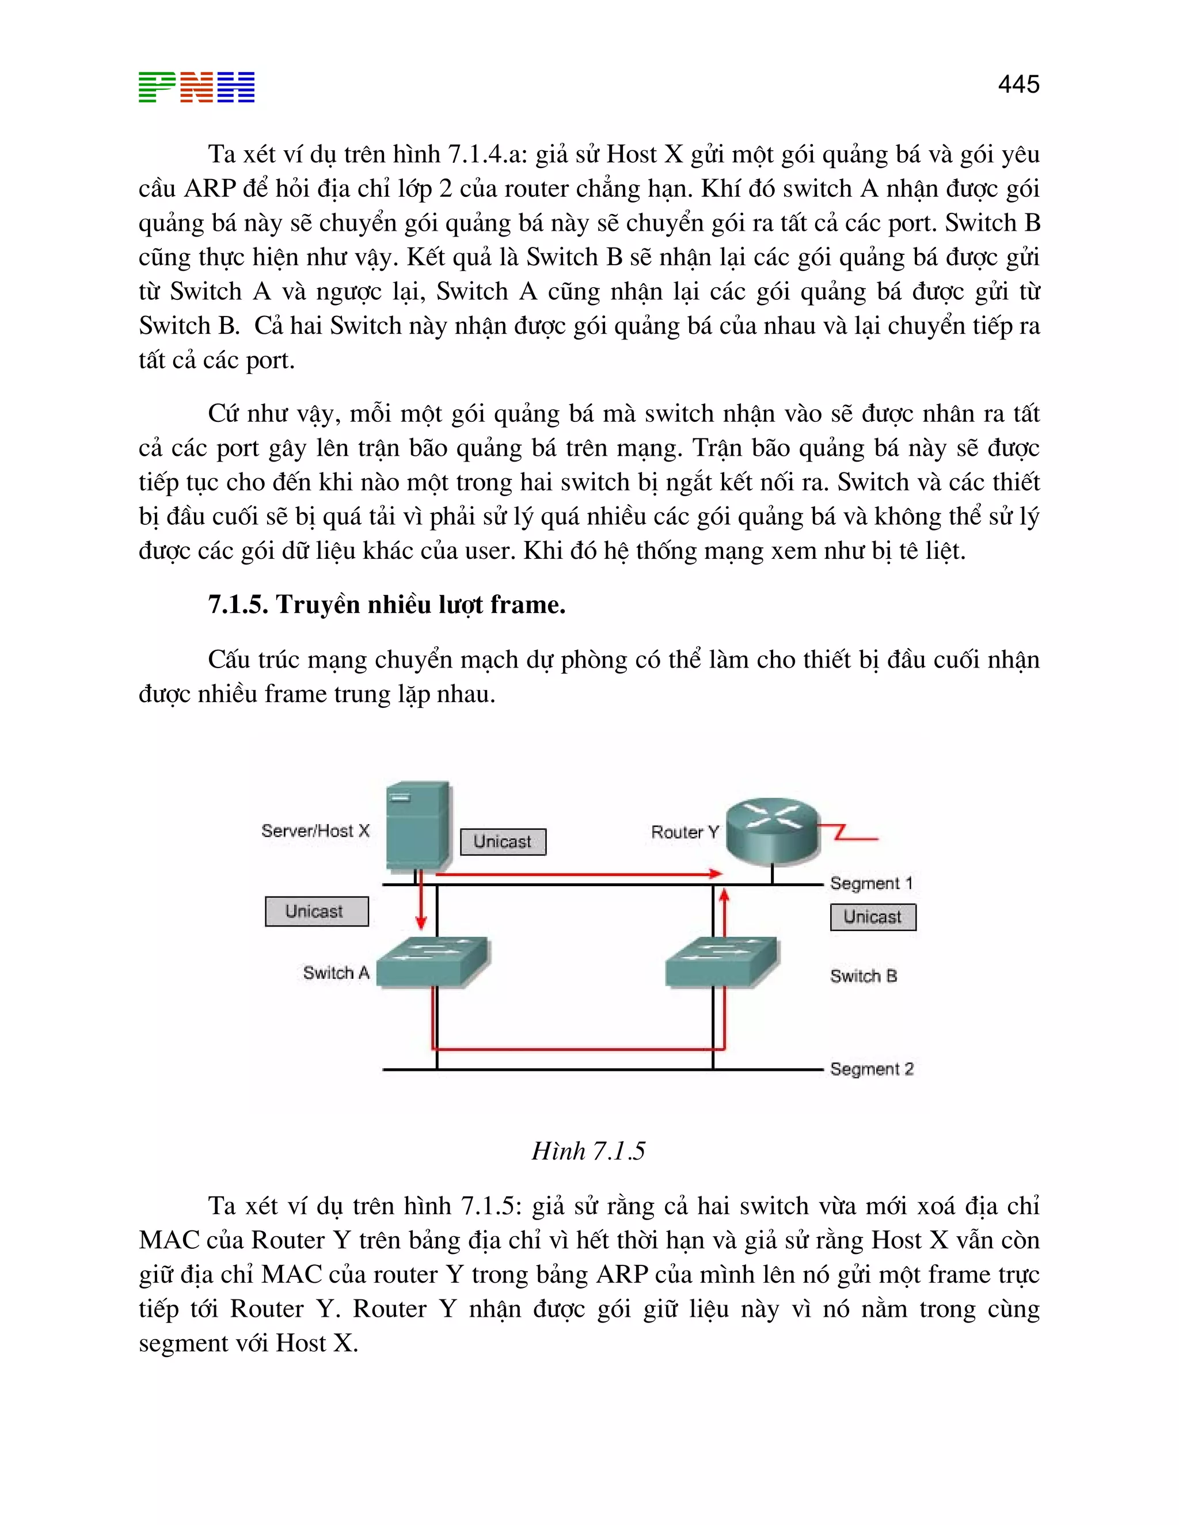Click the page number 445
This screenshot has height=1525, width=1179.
1018,85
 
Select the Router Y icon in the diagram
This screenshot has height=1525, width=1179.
773,830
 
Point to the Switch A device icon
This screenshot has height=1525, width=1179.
432,962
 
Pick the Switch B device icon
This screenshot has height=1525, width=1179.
721,962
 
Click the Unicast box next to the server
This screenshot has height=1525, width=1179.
503,841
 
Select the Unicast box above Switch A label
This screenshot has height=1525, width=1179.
317,911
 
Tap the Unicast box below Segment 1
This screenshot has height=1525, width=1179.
872,917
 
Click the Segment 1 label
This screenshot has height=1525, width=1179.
871,883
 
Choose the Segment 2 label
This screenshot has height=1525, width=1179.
871,1069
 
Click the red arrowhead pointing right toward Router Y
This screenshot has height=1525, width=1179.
714,874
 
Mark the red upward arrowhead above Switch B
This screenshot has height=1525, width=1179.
724,896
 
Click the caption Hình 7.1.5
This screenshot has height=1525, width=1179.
588,1151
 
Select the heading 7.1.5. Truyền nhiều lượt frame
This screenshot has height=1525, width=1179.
386,605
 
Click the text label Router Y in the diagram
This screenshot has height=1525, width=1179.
684,832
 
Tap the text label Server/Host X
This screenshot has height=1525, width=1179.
315,831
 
